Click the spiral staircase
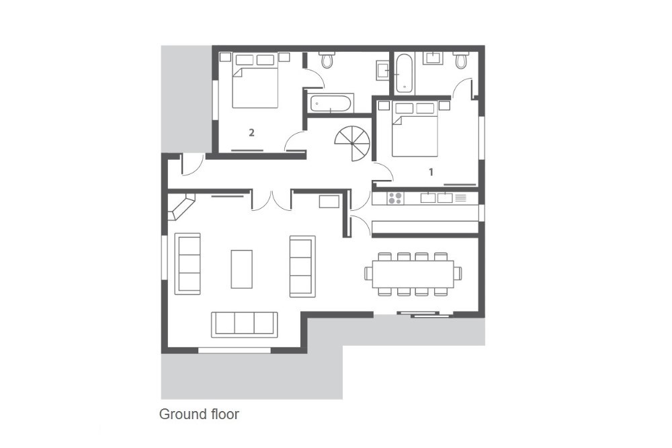pos(352,143)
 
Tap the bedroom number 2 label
pos(251,133)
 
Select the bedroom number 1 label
pos(431,172)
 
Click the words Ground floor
pos(199,414)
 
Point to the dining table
pos(413,274)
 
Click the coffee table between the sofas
pos(242,269)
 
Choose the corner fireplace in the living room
pos(180,206)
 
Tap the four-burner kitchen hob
pos(395,198)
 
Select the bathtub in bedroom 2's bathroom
pos(331,103)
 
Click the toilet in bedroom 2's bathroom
pos(327,60)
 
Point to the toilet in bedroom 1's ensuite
pos(461,60)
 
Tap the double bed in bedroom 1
pos(415,130)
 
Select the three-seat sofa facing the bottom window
pos(245,323)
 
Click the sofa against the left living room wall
pos(187,263)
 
